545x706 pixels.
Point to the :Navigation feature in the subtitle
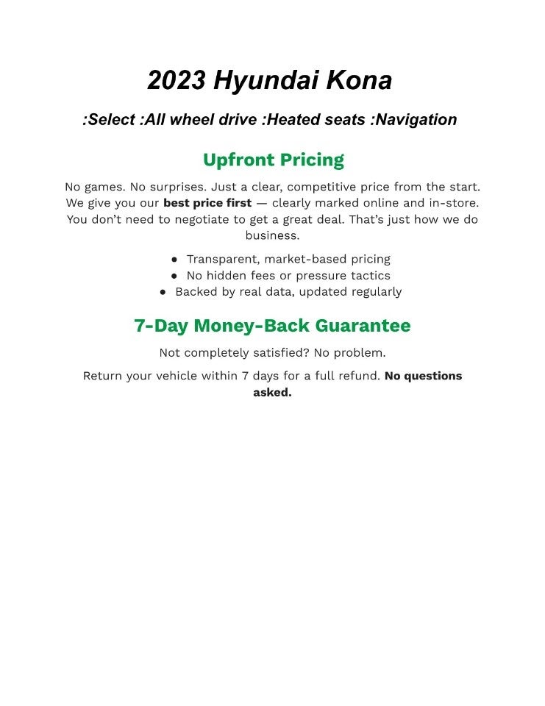[x=414, y=119]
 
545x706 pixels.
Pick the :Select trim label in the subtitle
[x=108, y=119]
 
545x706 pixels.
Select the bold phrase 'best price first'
[x=207, y=203]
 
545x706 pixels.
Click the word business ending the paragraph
[x=272, y=235]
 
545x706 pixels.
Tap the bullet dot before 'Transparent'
[x=174, y=260]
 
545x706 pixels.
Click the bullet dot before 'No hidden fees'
[x=174, y=276]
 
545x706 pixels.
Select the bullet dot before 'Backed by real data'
[x=163, y=292]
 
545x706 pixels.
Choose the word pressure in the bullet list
[x=321, y=276]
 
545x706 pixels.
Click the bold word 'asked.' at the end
[x=272, y=392]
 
